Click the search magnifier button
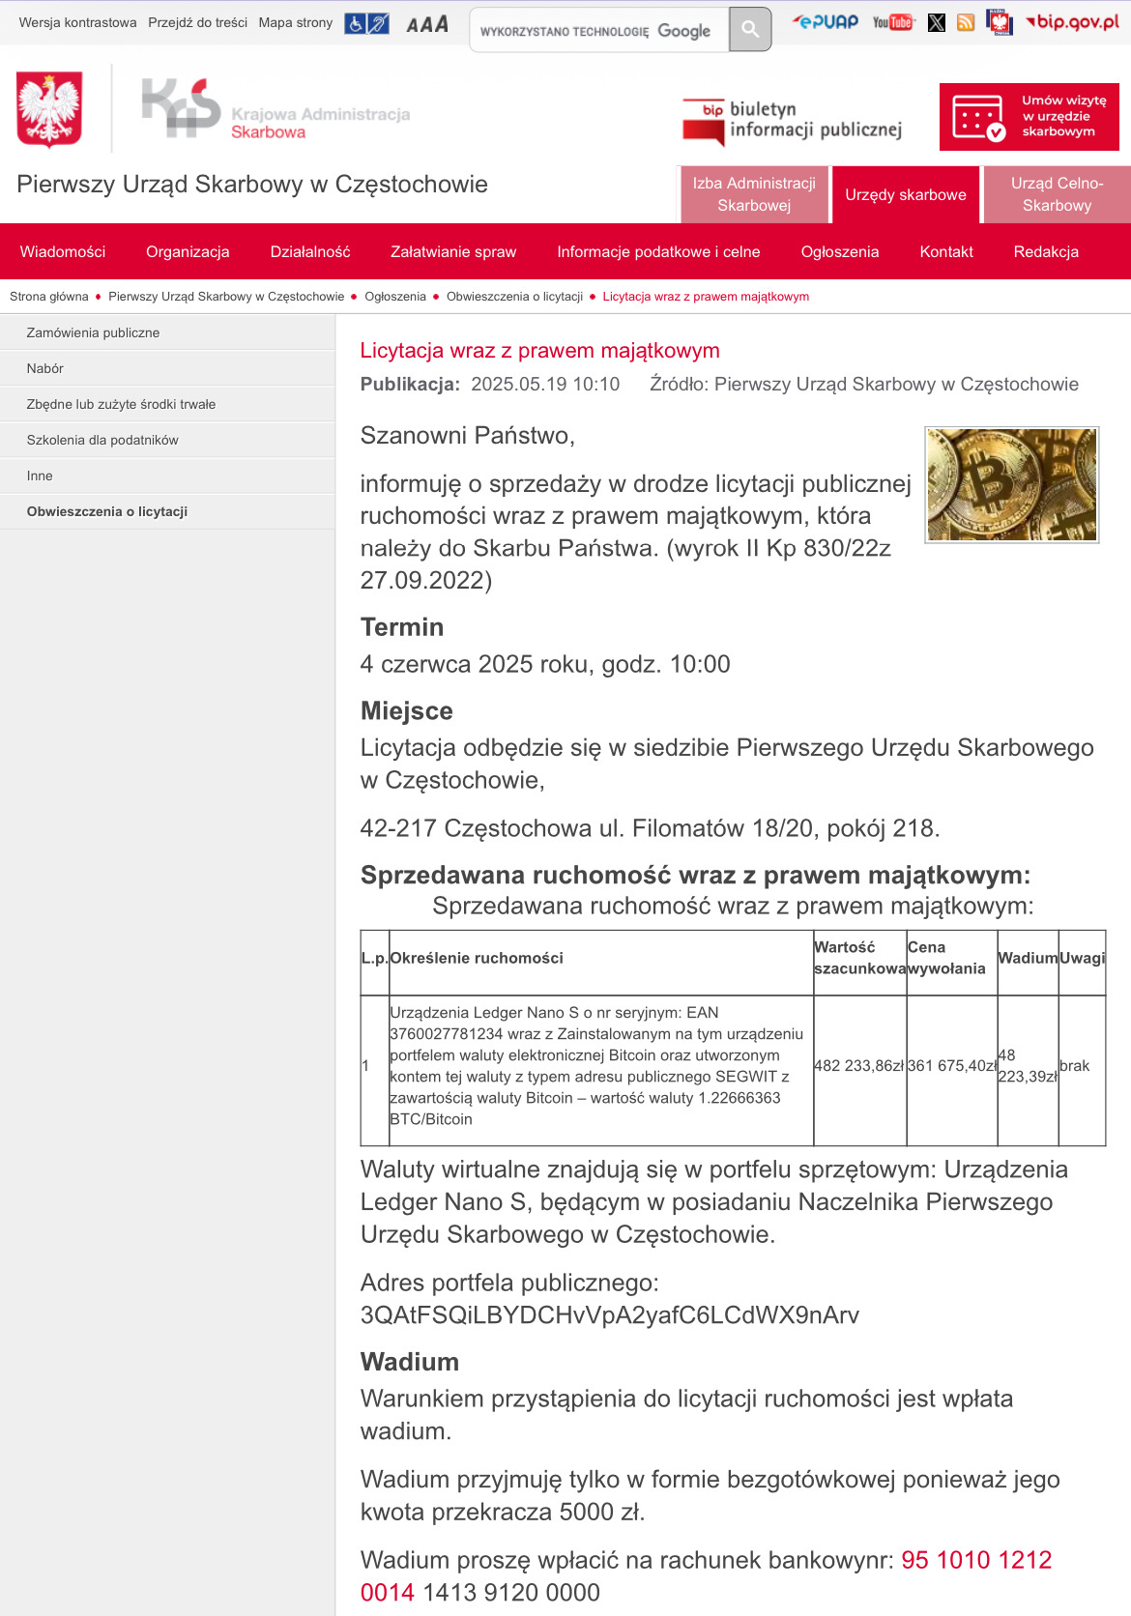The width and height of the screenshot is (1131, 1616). [750, 30]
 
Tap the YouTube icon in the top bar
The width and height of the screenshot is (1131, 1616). [892, 22]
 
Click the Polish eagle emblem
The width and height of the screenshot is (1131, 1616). [49, 110]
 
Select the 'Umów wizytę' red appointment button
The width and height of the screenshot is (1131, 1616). [1029, 117]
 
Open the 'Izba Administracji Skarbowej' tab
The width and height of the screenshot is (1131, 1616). [754, 194]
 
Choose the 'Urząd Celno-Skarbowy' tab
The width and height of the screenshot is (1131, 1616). [1057, 194]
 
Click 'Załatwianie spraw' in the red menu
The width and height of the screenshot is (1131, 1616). [453, 251]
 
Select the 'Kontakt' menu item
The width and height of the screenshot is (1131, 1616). [946, 251]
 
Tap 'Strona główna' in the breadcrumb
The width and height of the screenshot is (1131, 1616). [49, 297]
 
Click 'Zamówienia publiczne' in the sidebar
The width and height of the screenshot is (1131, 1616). [93, 332]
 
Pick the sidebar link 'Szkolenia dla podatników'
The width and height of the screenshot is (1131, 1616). [102, 440]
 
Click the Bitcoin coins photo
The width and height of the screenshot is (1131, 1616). [1011, 484]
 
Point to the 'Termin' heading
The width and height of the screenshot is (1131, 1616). [402, 627]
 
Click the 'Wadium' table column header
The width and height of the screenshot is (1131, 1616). [1028, 958]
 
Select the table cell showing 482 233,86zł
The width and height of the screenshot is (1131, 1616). [859, 1066]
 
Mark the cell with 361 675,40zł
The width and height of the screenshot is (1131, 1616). [951, 1066]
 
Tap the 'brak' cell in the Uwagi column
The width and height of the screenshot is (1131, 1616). [1074, 1066]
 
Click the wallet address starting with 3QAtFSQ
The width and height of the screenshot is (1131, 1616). [610, 1315]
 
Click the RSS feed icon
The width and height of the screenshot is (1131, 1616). [966, 22]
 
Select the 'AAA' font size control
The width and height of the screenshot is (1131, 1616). [427, 24]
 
